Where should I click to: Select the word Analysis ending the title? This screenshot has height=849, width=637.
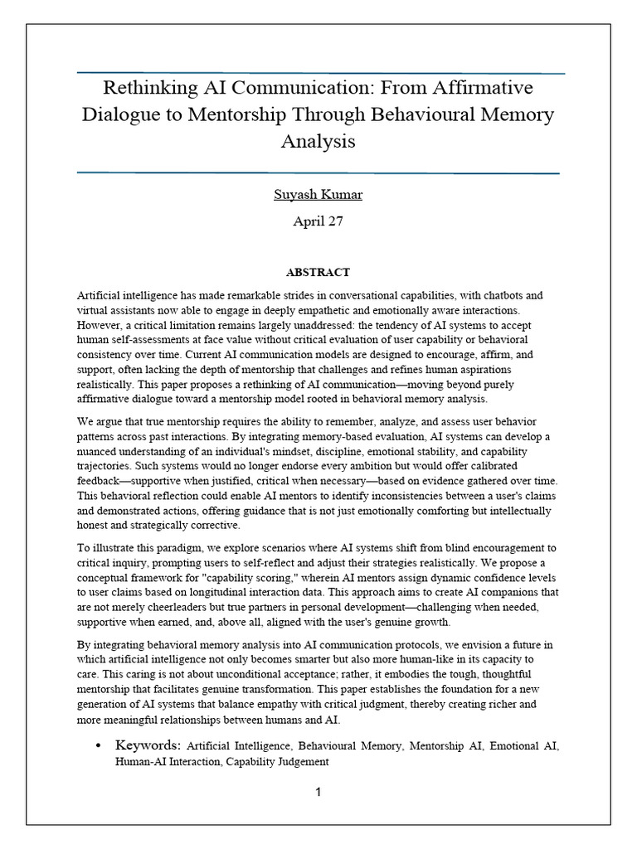pyautogui.click(x=318, y=141)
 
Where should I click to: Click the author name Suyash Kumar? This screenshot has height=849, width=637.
pyautogui.click(x=318, y=195)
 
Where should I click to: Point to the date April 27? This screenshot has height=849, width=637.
pyautogui.click(x=318, y=221)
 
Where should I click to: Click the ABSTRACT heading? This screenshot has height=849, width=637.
pyautogui.click(x=318, y=272)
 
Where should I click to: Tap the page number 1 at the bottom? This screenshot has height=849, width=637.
pyautogui.click(x=318, y=792)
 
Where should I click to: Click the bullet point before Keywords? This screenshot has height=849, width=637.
pyautogui.click(x=100, y=746)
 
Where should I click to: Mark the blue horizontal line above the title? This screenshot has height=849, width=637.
pyautogui.click(x=318, y=73)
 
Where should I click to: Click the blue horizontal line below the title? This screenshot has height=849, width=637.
pyautogui.click(x=318, y=172)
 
